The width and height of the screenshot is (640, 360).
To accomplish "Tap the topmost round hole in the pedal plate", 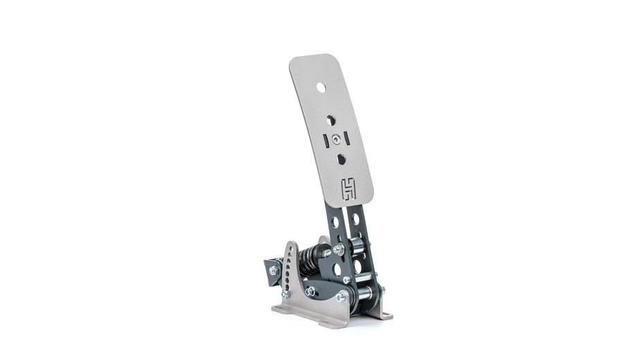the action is [321, 87].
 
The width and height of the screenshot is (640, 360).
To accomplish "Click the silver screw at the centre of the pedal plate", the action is [335, 139].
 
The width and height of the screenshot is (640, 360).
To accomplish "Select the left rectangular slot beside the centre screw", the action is [326, 141].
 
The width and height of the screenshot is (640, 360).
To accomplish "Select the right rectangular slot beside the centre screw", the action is [346, 138].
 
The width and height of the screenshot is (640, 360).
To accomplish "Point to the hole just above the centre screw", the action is [331, 120].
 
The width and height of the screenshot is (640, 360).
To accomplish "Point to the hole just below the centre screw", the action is [341, 159].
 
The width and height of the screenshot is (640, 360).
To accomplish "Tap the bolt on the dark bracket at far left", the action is [274, 270].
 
